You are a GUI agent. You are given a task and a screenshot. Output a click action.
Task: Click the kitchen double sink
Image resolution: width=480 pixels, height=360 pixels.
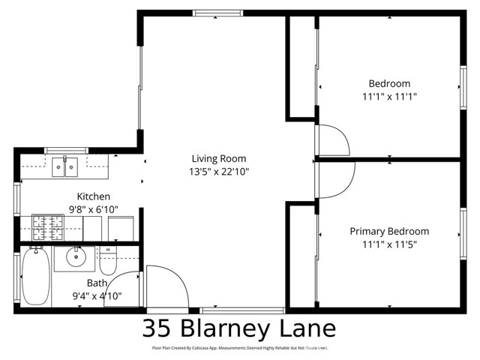(x=65, y=167)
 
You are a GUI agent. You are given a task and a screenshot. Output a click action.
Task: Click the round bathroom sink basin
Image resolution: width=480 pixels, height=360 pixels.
(x=76, y=258)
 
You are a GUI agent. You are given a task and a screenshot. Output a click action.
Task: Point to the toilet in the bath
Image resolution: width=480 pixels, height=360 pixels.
(x=109, y=262)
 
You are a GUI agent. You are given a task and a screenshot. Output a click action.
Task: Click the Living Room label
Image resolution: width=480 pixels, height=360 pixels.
(x=218, y=158)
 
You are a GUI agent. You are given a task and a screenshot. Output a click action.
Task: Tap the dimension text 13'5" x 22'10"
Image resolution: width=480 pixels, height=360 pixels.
(x=218, y=171)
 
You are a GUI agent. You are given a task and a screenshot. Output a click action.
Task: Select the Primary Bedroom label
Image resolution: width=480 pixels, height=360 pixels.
(x=389, y=231)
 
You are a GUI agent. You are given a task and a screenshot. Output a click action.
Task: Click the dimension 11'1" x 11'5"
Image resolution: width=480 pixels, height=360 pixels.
(x=389, y=244)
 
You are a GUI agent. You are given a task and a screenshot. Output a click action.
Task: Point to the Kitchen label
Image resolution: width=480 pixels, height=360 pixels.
(x=93, y=196)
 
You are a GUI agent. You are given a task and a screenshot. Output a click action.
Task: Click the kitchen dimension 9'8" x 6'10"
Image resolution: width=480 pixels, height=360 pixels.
(x=93, y=209)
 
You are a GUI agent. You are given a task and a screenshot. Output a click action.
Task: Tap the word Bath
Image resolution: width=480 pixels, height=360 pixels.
(x=97, y=283)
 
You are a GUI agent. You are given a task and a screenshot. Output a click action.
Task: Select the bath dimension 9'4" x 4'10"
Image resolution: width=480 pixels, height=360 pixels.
(x=97, y=296)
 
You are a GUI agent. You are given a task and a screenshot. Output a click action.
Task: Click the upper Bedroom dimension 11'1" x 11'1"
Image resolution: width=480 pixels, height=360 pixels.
(x=389, y=96)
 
